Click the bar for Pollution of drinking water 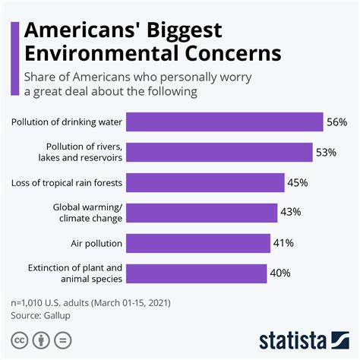click(224, 122)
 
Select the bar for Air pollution click(197, 243)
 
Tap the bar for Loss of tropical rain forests click(204, 182)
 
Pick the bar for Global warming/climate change click(201, 213)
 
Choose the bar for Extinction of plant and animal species click(196, 273)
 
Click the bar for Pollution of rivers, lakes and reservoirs click(219, 152)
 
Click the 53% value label click(326, 152)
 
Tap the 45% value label click(297, 182)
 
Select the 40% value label click(280, 273)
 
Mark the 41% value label click(283, 243)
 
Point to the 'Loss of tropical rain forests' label click(66, 182)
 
